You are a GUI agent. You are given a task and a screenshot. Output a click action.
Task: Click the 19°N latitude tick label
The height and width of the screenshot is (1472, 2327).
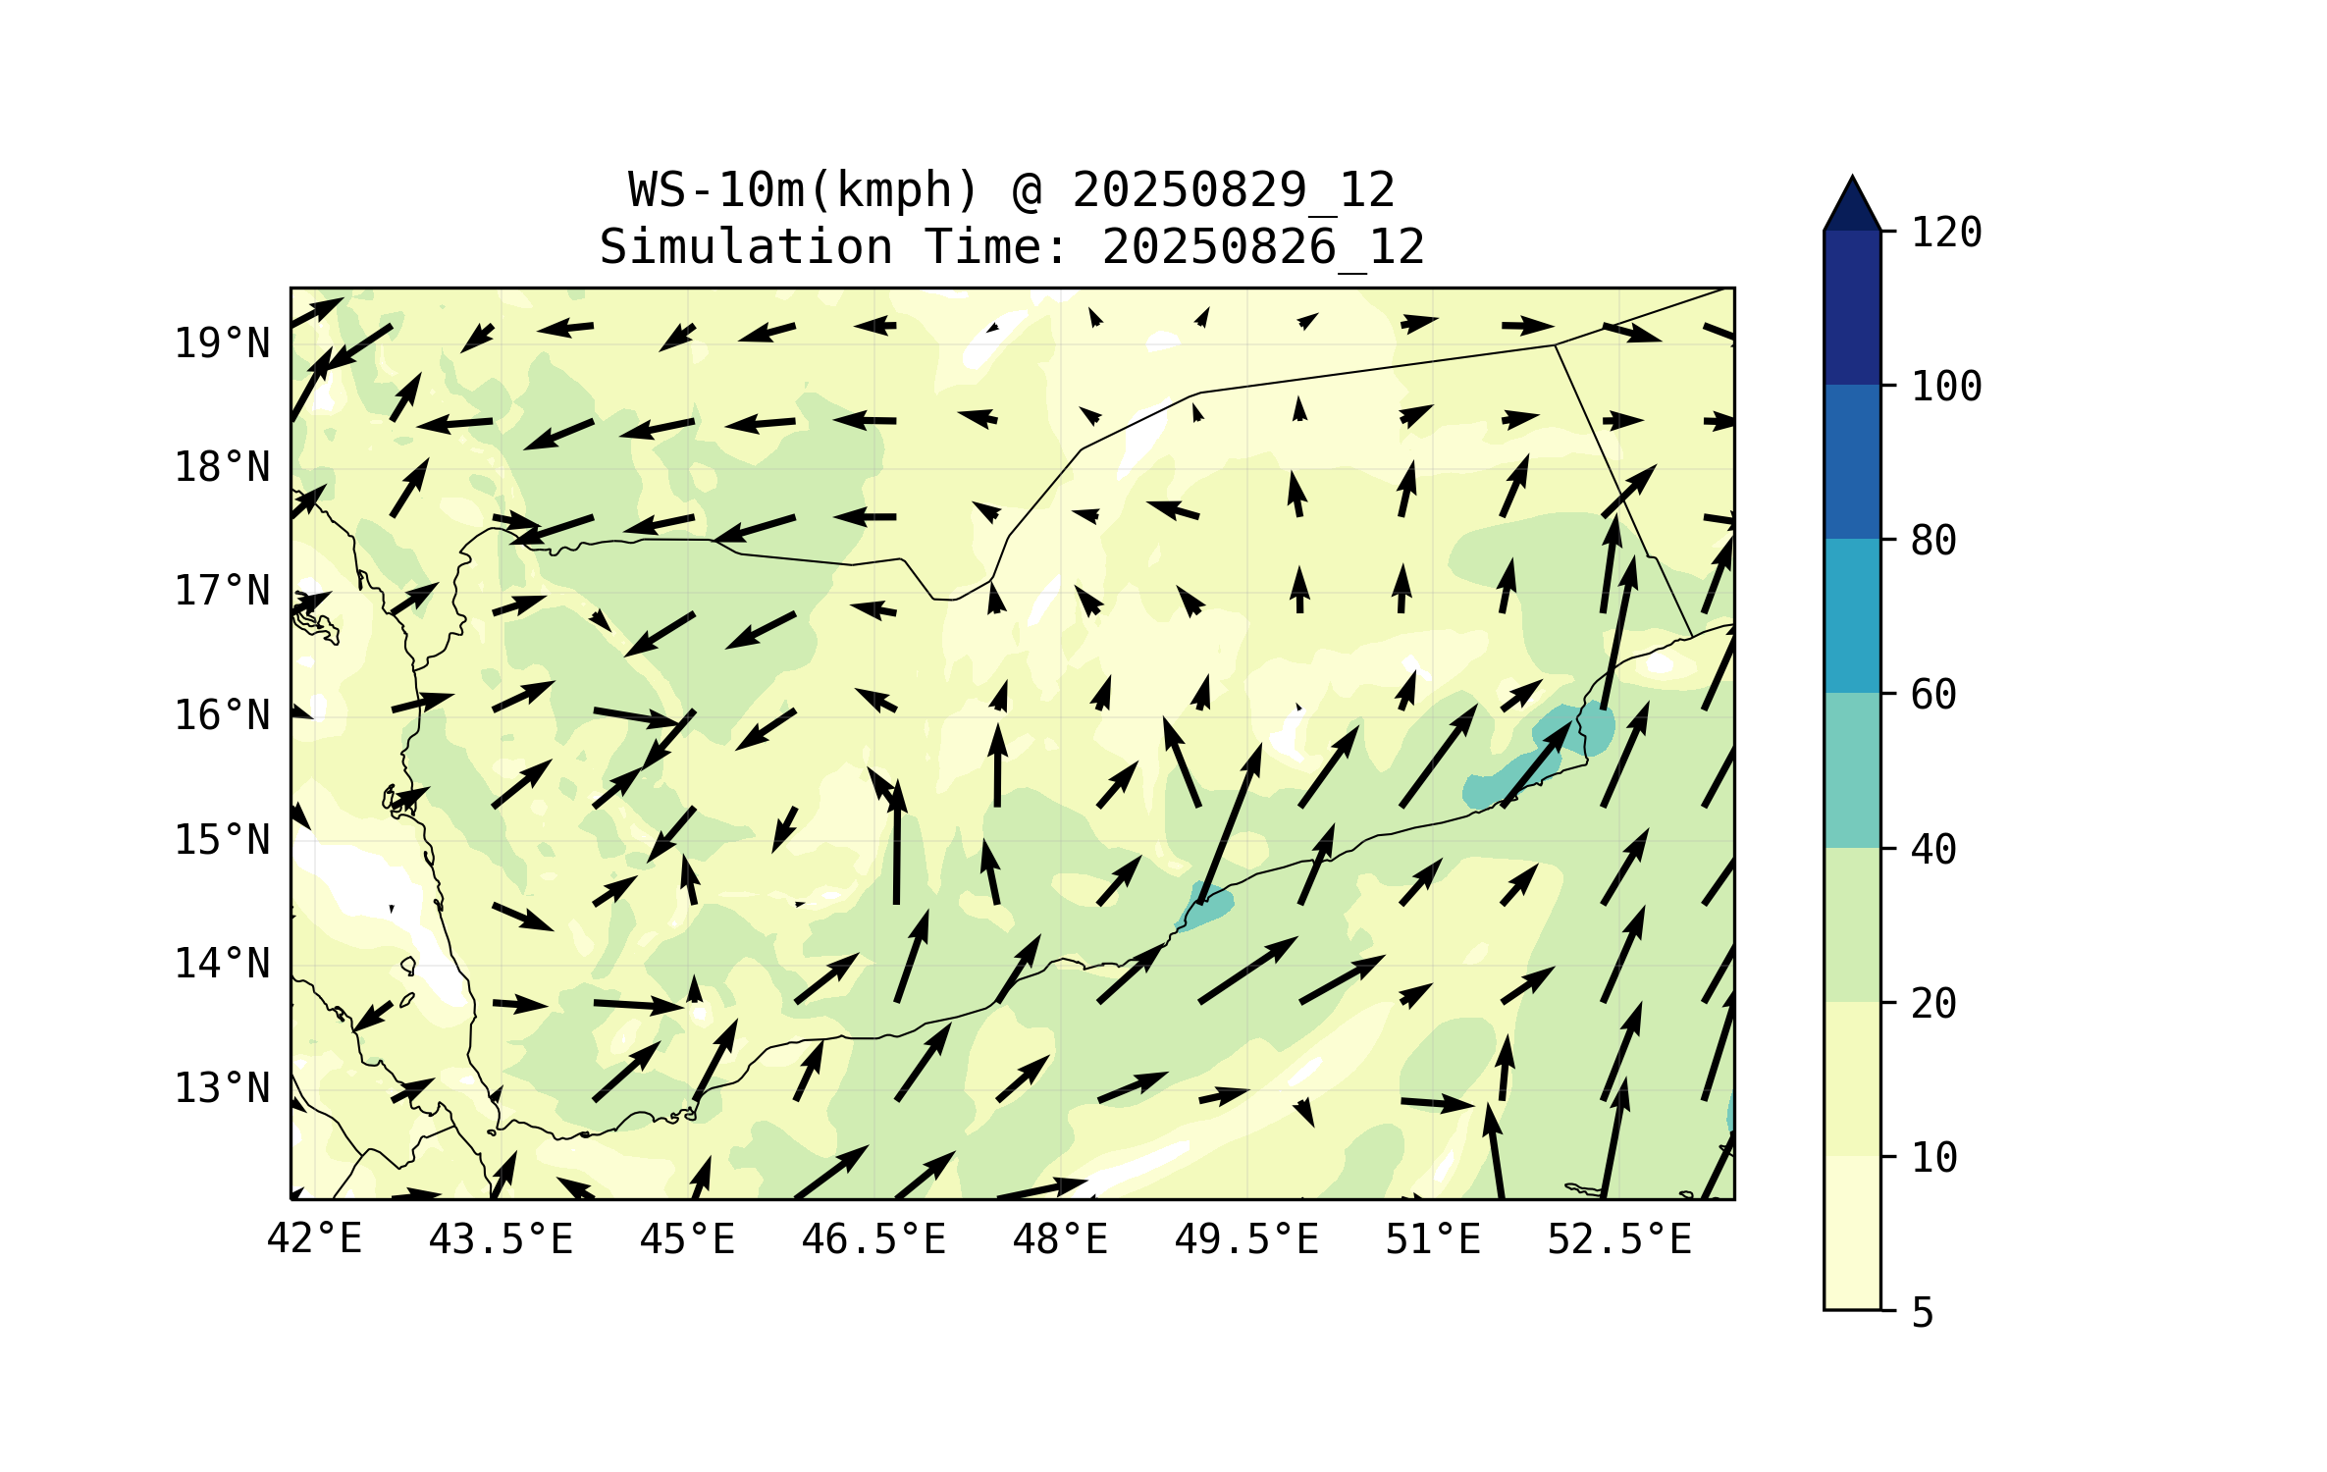point(222,343)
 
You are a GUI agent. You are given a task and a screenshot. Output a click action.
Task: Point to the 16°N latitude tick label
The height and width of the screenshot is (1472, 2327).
point(222,715)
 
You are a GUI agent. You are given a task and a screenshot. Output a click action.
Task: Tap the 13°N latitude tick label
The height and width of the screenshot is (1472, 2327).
point(222,1088)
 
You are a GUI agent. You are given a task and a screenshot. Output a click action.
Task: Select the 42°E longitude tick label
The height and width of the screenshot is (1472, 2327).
point(314,1239)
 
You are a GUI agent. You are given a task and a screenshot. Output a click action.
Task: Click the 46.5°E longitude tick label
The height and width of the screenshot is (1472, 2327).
point(873,1239)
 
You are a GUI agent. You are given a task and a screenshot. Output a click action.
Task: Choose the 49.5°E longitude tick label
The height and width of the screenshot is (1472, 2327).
point(1246,1239)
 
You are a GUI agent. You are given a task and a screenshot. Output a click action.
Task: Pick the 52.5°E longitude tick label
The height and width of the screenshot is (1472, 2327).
point(1619,1239)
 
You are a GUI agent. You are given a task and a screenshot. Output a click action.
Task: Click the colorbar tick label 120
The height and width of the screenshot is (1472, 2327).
point(1946,233)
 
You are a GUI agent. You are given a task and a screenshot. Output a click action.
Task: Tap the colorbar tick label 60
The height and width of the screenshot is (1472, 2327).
point(1933,695)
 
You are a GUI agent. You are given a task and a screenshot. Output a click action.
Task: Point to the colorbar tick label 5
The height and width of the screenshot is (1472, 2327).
point(1923,1313)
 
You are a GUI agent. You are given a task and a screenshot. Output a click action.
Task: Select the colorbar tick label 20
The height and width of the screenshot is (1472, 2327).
point(1933,1003)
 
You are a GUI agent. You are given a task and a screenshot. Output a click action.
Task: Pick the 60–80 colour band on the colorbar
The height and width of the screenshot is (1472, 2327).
point(1852,615)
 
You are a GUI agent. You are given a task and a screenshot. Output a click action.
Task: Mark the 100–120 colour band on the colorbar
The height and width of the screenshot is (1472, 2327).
point(1852,307)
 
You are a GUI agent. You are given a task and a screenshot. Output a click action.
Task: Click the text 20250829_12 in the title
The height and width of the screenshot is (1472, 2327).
point(1233,190)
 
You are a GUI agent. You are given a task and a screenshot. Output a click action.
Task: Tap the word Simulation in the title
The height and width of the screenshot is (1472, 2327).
point(746,247)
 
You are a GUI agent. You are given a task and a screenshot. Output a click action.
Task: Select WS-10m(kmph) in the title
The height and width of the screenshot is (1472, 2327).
point(804,190)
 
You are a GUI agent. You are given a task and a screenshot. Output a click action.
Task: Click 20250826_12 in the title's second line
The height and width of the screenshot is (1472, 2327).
point(1263,247)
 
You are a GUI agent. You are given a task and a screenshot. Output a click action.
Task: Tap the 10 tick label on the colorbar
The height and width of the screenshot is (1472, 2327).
point(1933,1158)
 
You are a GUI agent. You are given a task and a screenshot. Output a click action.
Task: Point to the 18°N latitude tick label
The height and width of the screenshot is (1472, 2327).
point(222,467)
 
